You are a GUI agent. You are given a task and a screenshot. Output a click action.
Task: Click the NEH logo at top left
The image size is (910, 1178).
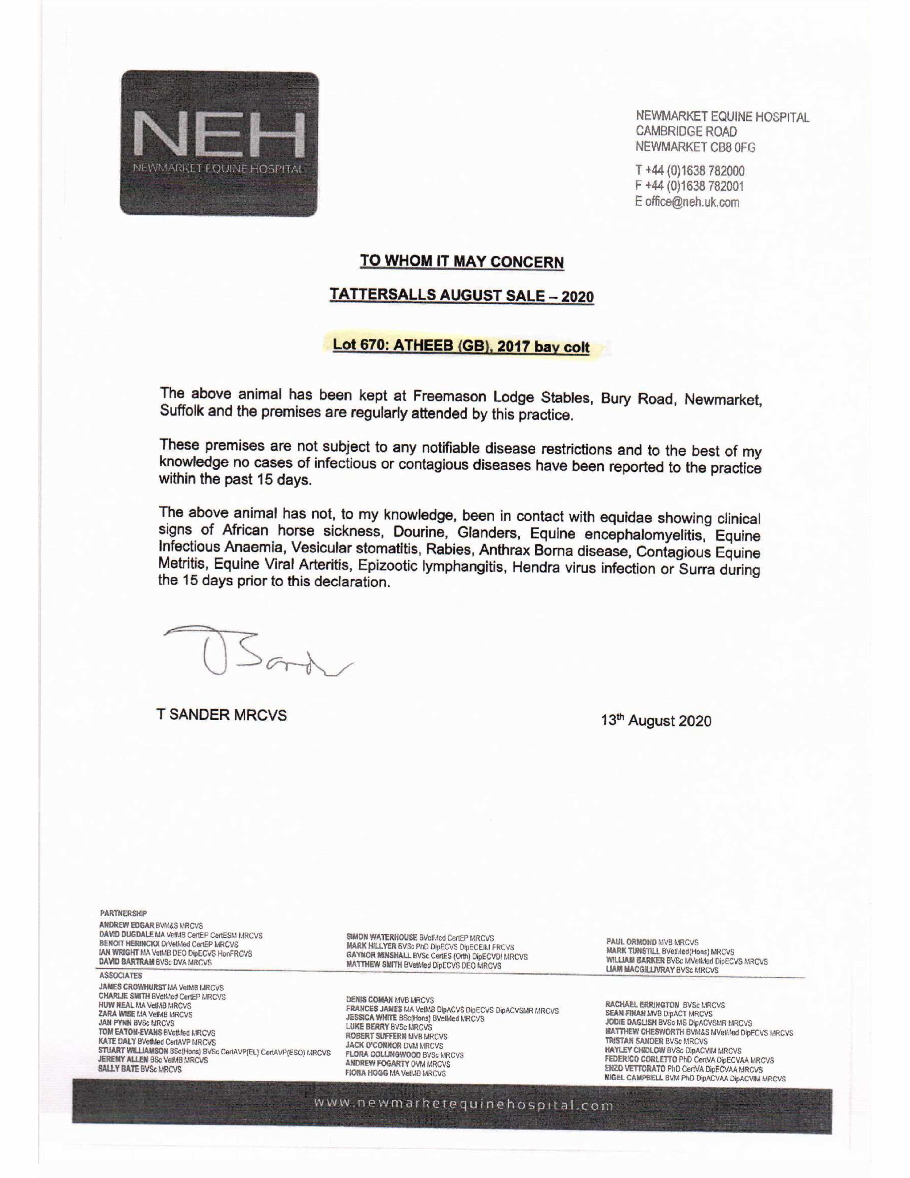[x=219, y=144]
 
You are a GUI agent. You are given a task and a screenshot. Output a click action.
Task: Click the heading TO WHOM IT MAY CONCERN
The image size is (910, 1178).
[x=462, y=262]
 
